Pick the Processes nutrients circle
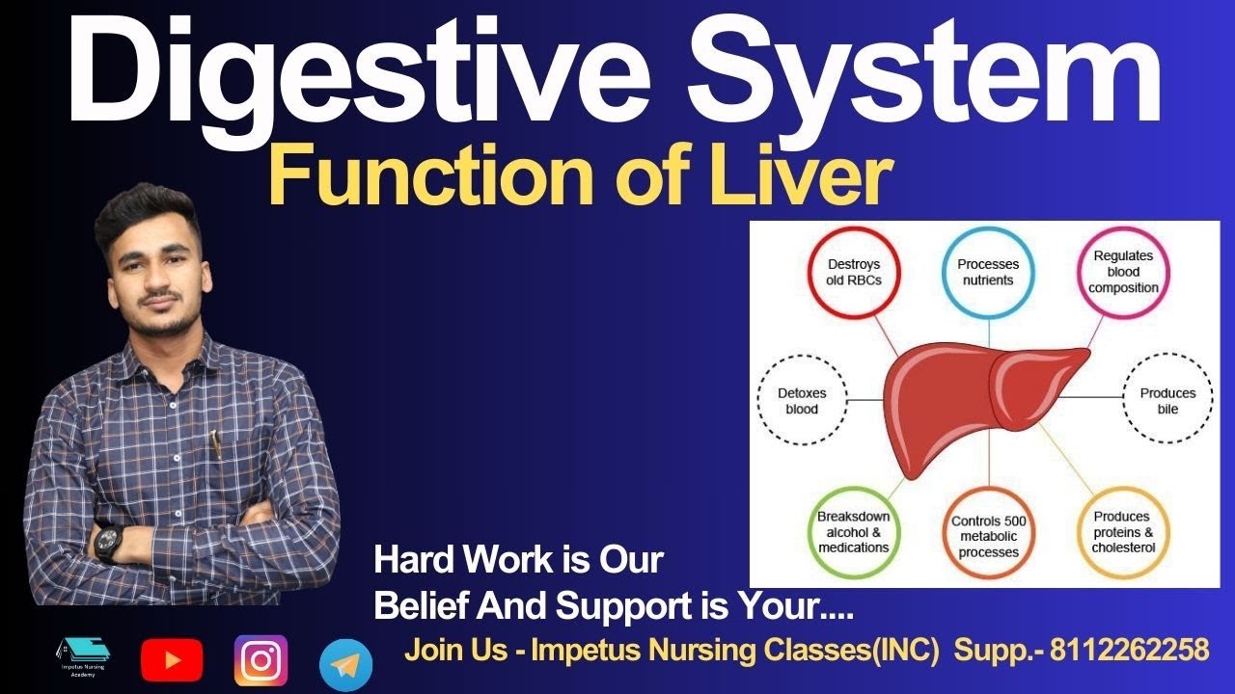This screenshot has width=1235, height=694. tap(988, 272)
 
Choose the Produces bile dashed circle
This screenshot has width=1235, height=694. tap(1167, 401)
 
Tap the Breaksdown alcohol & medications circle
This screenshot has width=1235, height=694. tap(853, 532)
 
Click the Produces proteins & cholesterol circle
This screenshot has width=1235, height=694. tap(1123, 532)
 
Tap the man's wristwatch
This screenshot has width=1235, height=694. tap(107, 542)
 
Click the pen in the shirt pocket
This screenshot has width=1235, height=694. tap(216, 444)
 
